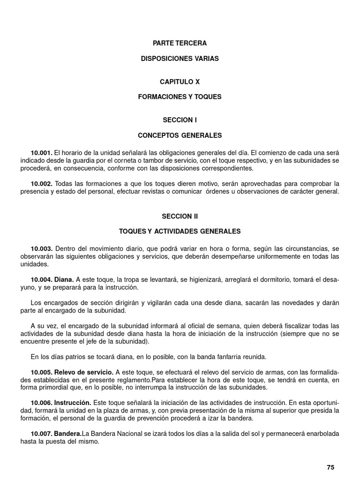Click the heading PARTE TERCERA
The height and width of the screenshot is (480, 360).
180,43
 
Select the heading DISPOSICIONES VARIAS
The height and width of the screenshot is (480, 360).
180,59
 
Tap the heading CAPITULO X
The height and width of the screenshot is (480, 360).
180,82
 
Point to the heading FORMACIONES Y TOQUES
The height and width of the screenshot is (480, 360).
180,97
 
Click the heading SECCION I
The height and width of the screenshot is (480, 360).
180,120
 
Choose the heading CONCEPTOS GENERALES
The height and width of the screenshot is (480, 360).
180,135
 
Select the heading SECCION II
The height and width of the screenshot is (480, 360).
180,216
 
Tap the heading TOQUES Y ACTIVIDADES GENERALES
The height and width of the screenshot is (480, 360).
180,231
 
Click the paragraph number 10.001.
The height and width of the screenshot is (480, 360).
42,153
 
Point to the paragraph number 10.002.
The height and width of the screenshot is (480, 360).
42,184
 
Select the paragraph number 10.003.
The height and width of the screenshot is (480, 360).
42,248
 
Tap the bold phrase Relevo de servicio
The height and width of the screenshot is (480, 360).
83,372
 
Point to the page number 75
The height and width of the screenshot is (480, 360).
330,467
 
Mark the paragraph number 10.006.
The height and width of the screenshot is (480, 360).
42,403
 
